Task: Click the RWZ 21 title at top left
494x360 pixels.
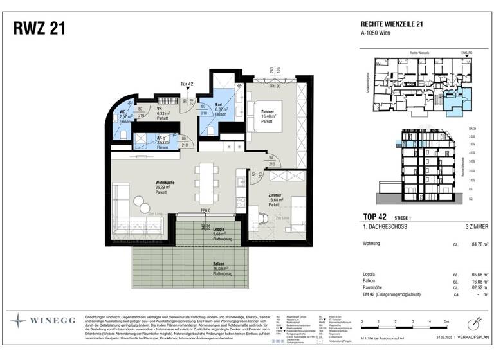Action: click(39, 29)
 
